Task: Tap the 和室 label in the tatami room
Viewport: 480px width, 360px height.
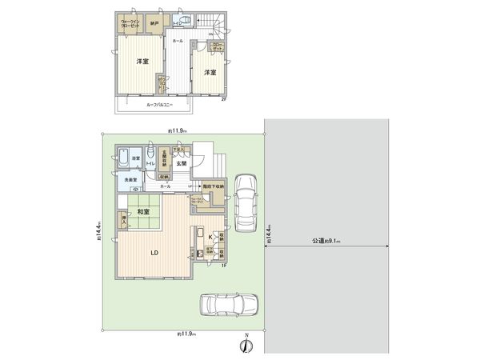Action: pyautogui.click(x=145, y=212)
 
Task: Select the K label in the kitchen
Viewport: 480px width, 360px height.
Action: pyautogui.click(x=210, y=238)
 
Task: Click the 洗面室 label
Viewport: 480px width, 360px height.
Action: pyautogui.click(x=132, y=180)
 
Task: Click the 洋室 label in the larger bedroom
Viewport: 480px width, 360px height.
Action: pyautogui.click(x=142, y=62)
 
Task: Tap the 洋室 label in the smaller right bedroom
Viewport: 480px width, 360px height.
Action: pyautogui.click(x=210, y=73)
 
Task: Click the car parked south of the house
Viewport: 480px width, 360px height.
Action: pyautogui.click(x=227, y=305)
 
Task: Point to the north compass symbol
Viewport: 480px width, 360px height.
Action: pyautogui.click(x=247, y=346)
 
